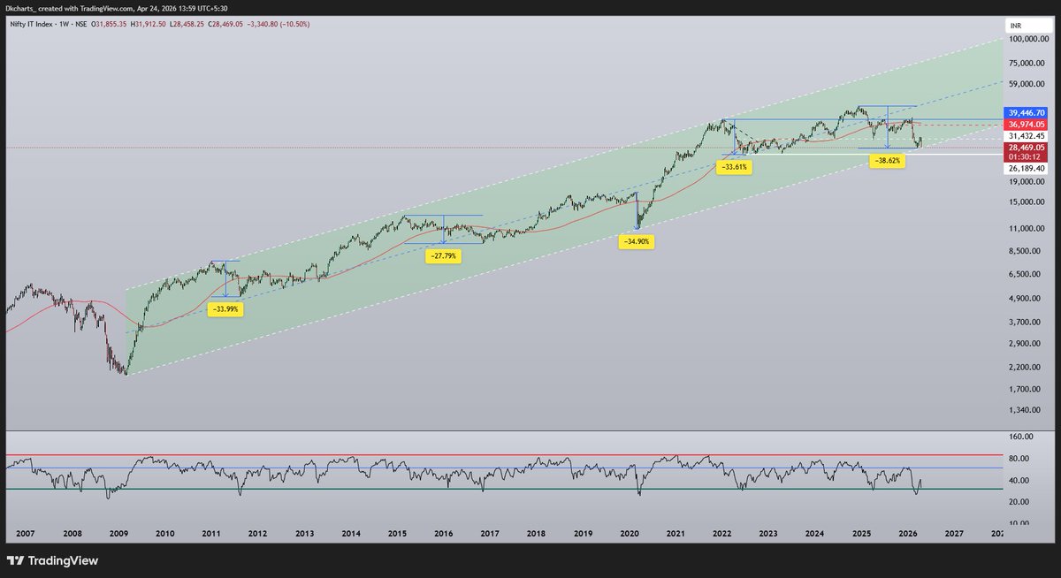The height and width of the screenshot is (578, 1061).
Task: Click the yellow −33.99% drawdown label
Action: pos(225,309)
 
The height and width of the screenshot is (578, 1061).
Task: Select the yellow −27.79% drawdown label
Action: pos(442,255)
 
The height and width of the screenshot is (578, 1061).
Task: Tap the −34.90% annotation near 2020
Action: pos(636,241)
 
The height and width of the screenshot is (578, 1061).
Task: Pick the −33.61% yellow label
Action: pos(735,166)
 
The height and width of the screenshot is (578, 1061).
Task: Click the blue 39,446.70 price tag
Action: pos(1027,113)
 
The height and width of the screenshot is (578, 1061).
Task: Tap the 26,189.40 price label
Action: pos(1027,168)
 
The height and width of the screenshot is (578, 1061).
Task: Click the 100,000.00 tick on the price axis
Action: pos(1029,40)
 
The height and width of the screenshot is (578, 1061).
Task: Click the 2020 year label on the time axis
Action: pos(630,534)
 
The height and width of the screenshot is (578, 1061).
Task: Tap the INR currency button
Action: pos(1017,27)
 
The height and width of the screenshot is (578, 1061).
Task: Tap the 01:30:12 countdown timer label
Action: pos(1027,156)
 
